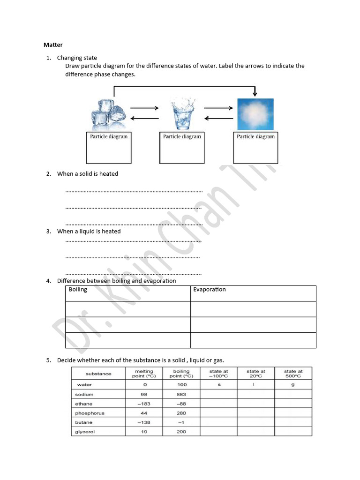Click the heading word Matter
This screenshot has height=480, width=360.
[53, 45]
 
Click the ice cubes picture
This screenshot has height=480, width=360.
[108, 114]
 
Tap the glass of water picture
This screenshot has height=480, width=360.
[182, 113]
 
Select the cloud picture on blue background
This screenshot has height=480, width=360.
[255, 114]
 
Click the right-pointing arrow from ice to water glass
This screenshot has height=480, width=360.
[144, 108]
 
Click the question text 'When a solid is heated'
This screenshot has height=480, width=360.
[88, 174]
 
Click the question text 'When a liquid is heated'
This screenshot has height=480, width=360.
[89, 231]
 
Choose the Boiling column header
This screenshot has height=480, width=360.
[78, 290]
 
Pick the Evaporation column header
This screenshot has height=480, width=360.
[210, 290]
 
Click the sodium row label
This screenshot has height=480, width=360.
[84, 395]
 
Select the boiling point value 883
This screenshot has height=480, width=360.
[181, 395]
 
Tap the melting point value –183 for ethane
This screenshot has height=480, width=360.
[144, 404]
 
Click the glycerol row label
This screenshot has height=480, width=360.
[85, 432]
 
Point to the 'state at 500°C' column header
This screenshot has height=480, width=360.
[293, 374]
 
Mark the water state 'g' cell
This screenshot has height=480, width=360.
[293, 385]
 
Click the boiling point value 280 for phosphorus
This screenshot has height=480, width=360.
[181, 413]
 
